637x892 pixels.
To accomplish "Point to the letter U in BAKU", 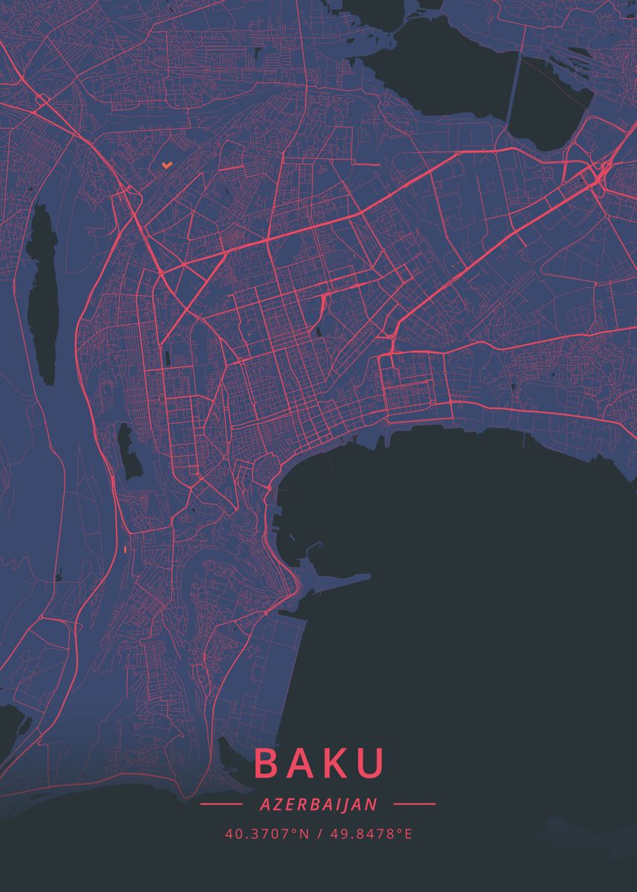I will click(372, 763).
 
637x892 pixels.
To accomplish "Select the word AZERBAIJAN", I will click(318, 804).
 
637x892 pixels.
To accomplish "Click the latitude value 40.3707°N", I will click(266, 833).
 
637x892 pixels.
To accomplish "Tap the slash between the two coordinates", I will click(319, 833).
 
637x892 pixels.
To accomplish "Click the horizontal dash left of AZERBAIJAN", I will click(222, 804).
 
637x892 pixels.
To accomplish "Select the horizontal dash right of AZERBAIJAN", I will click(414, 804).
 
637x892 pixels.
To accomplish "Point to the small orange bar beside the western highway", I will click(125, 548).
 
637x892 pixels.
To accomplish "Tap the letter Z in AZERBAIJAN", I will click(274, 804).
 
